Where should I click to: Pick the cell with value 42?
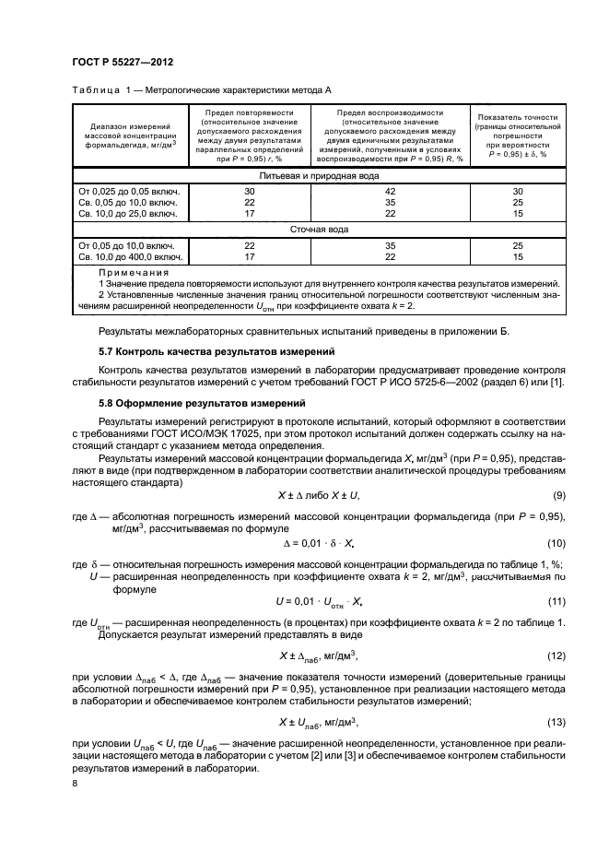click(x=391, y=190)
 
